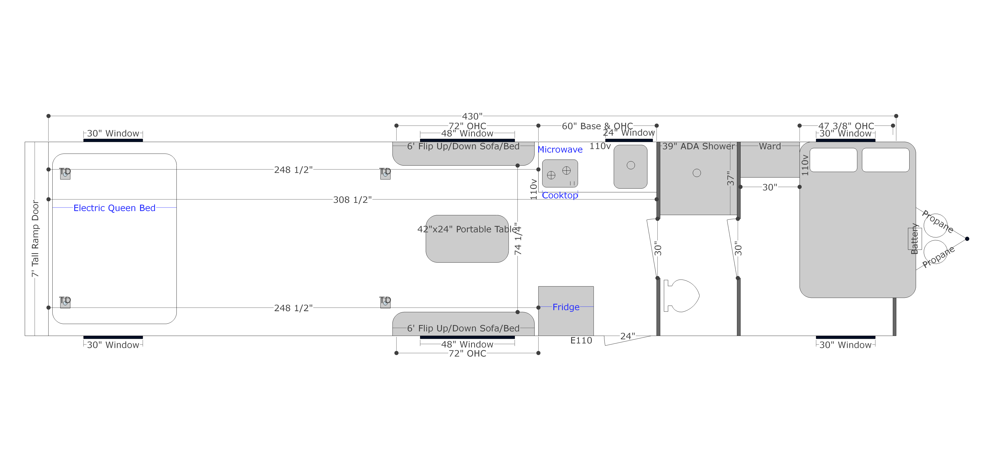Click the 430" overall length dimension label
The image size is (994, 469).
[472, 116]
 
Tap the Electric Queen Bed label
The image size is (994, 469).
[114, 208]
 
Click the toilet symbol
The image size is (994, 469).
[681, 295]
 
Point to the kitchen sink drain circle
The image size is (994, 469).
[631, 165]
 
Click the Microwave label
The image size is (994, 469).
[560, 149]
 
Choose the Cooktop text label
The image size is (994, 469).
[560, 196]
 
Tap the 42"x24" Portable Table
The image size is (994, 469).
[467, 239]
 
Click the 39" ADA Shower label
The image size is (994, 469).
[698, 146]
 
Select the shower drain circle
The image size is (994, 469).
[697, 173]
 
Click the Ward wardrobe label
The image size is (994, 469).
[770, 146]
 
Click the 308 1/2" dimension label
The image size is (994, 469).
[352, 200]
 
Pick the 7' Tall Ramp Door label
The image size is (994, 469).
[35, 239]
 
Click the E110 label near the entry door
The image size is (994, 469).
[581, 340]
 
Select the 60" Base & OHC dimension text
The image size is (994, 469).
[597, 126]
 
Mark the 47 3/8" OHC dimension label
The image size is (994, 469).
[846, 126]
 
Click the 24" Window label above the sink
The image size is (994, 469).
[629, 133]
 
